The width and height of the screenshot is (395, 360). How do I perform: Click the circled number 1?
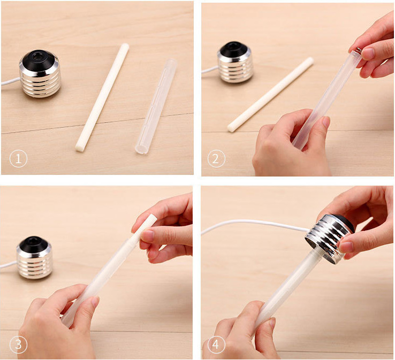coord(18,158)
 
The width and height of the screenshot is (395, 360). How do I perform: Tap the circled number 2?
coord(216,158)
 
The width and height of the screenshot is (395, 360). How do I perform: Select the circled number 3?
coord(18,344)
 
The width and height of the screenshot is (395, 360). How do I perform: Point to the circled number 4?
coord(216,344)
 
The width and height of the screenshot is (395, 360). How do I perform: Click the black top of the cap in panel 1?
coord(39,60)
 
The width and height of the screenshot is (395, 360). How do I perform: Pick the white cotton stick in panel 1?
coord(102,97)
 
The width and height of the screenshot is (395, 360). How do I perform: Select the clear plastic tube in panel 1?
coord(156,106)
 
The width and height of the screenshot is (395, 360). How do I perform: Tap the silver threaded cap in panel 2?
coord(236,63)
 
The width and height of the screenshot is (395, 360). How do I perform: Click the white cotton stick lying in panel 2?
coord(270,94)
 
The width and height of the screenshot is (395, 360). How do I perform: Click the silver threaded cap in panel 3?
coord(34,257)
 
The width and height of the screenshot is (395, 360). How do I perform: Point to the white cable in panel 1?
coord(10,81)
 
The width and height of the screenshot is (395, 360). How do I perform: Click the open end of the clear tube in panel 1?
coord(141,149)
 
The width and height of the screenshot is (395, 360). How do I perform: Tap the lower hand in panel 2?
coord(292,143)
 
